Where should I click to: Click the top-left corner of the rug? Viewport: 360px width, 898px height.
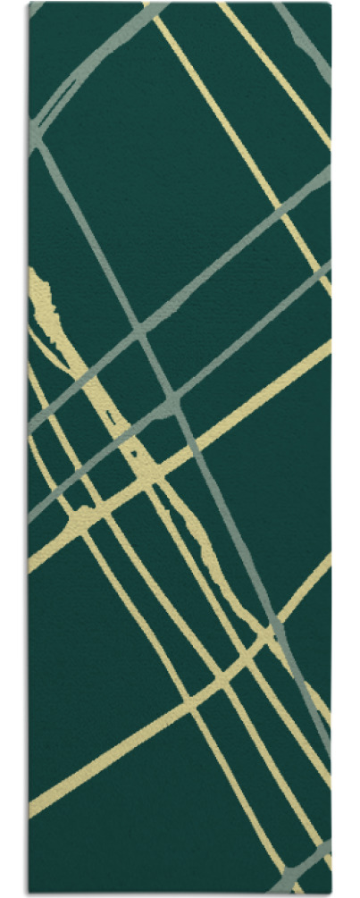coord(29,4)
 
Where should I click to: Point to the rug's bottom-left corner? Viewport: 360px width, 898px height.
coord(29,893)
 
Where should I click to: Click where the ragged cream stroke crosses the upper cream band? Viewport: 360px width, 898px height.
coord(143,474)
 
